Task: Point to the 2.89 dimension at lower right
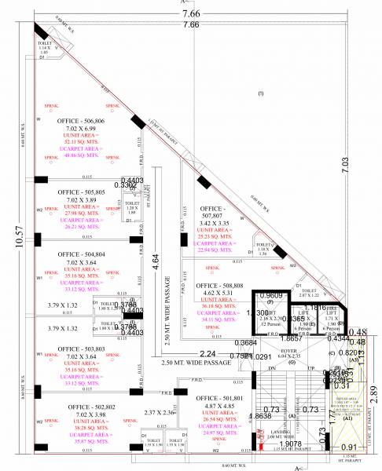pyautogui.click(x=374, y=392)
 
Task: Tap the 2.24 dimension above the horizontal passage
pyautogui.click(x=208, y=353)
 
